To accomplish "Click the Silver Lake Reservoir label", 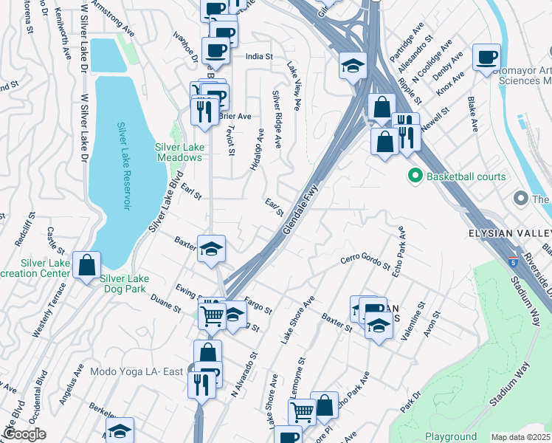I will [x=123, y=166].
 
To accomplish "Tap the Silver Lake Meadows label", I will [x=179, y=152].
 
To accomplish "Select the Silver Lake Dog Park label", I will [x=125, y=278].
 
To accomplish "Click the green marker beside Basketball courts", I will [x=414, y=176].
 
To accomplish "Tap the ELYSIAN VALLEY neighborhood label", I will [x=509, y=233].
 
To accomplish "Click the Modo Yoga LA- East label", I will [x=137, y=371].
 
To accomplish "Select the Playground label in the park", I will [x=450, y=437].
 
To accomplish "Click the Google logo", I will [x=24, y=434].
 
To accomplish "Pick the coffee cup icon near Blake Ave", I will [x=486, y=58].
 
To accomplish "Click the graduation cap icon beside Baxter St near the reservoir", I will [x=211, y=248].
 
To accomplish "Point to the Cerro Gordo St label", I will [x=365, y=261].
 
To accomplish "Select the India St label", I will [x=259, y=56].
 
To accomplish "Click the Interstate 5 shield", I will [x=512, y=261].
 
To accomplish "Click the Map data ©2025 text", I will [x=520, y=437].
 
